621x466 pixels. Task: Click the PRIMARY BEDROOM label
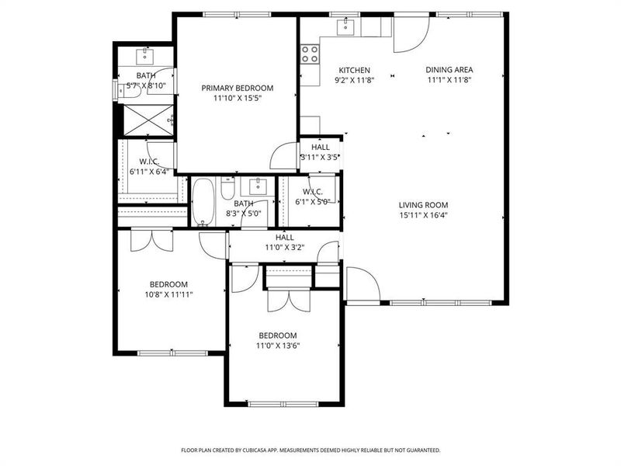(238, 88)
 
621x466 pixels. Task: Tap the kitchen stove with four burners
(310, 54)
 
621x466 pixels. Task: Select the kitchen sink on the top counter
(346, 27)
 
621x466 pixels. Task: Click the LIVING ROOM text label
(425, 205)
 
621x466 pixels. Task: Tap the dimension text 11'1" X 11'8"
(449, 79)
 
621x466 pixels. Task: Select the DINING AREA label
(449, 70)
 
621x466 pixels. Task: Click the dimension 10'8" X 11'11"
(169, 294)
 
